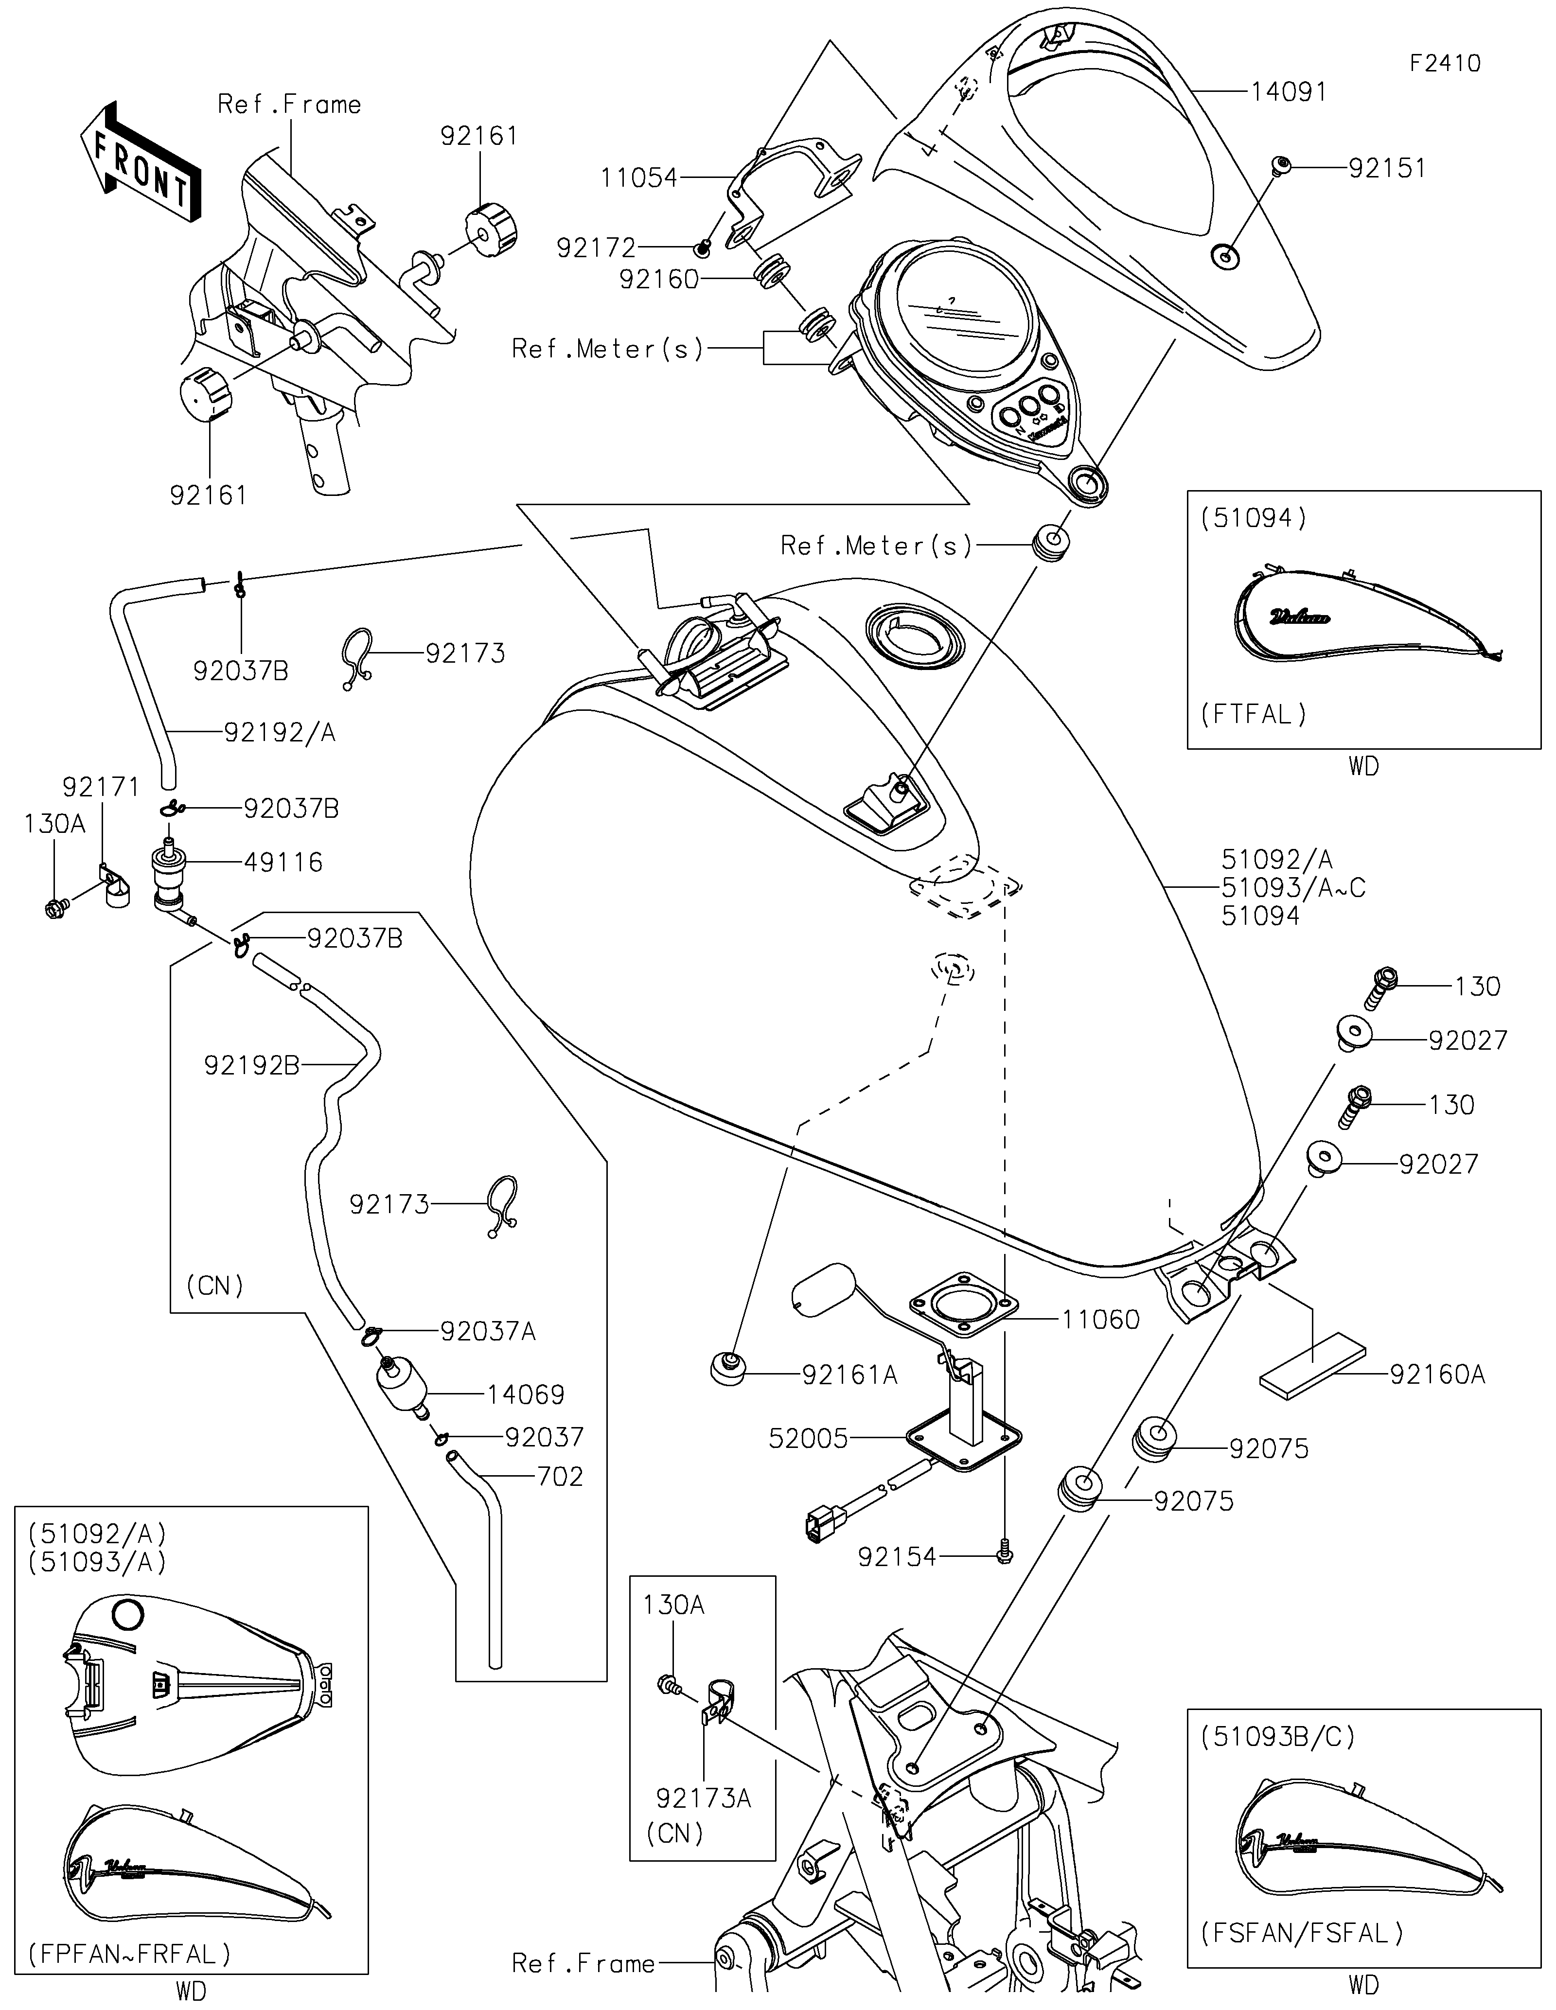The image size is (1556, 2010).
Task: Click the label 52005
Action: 808,1439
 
